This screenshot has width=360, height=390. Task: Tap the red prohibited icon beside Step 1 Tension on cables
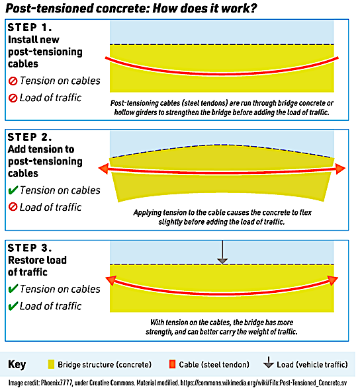click(12, 81)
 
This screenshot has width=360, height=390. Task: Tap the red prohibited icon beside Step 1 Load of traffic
click(12, 98)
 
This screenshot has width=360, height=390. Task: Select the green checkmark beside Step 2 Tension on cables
click(12, 190)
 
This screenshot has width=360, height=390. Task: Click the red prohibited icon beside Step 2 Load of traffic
click(12, 208)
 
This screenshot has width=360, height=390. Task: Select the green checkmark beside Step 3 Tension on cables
click(12, 289)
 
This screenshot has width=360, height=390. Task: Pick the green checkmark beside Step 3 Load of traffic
click(12, 306)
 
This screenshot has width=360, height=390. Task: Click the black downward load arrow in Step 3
click(223, 252)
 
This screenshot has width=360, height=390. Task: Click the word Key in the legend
click(17, 365)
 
